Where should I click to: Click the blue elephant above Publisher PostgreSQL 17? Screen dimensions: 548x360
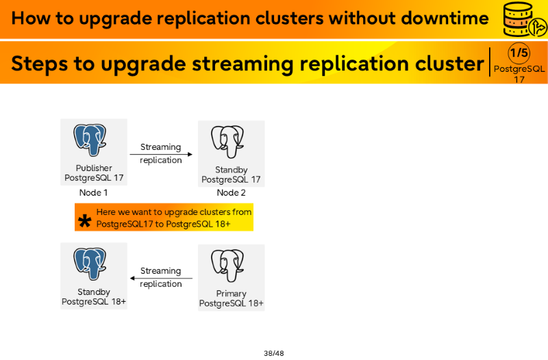pyautogui.click(x=90, y=140)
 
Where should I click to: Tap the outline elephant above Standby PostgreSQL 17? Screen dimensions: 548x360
pyautogui.click(x=227, y=142)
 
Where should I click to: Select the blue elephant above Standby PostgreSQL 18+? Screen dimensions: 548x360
pyautogui.click(x=90, y=264)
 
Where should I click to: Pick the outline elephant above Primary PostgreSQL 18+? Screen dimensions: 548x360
pyautogui.click(x=227, y=266)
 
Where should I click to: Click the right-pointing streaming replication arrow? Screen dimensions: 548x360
pyautogui.click(x=161, y=154)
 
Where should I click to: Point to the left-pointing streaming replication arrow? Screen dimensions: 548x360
pyautogui.click(x=161, y=279)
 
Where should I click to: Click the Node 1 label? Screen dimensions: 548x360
pyautogui.click(x=93, y=193)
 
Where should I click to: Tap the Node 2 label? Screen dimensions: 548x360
pyautogui.click(x=231, y=193)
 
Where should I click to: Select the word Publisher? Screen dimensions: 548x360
pyautogui.click(x=94, y=168)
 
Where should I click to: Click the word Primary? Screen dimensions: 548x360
pyautogui.click(x=231, y=294)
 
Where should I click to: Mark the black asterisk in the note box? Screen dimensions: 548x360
pyautogui.click(x=84, y=221)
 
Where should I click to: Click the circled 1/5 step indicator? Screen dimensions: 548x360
pyautogui.click(x=519, y=53)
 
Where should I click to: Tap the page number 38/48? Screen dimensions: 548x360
pyautogui.click(x=273, y=353)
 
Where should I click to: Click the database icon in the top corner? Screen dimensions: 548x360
pyautogui.click(x=524, y=20)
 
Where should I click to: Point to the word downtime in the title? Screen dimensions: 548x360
pyautogui.click(x=445, y=18)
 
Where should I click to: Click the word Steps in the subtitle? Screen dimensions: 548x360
pyautogui.click(x=40, y=64)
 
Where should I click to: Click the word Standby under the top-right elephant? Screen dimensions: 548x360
pyautogui.click(x=231, y=170)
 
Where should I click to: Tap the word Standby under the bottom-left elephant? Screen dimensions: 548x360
pyautogui.click(x=94, y=292)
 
